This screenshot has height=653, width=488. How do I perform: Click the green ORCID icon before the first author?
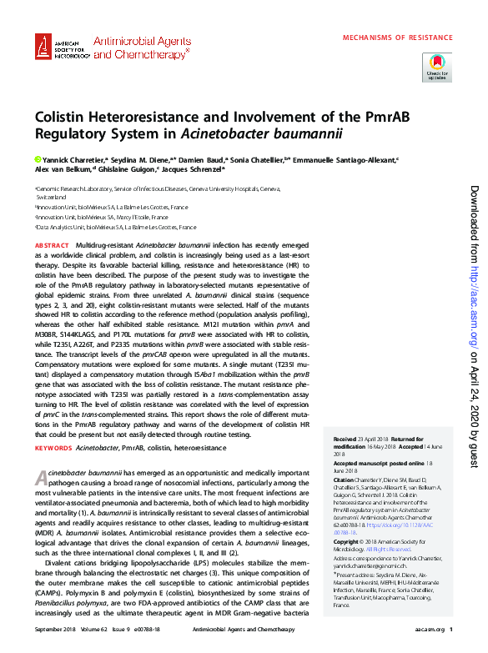pyautogui.click(x=37, y=158)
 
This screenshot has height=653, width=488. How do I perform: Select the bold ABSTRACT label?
pyautogui.click(x=51, y=244)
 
